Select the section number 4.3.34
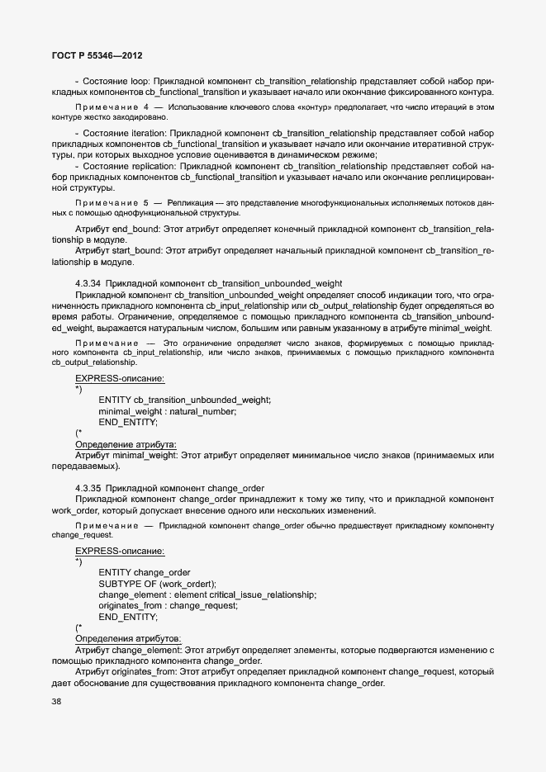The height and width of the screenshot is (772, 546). tap(88, 283)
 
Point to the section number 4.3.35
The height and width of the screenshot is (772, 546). tap(88, 488)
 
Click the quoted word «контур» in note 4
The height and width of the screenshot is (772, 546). tap(318, 107)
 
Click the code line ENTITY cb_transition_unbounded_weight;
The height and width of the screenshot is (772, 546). tap(184, 400)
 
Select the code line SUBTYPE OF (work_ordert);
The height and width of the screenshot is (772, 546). tap(157, 584)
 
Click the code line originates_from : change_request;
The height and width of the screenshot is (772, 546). tap(168, 605)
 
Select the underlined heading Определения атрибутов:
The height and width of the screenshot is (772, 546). tap(128, 638)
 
